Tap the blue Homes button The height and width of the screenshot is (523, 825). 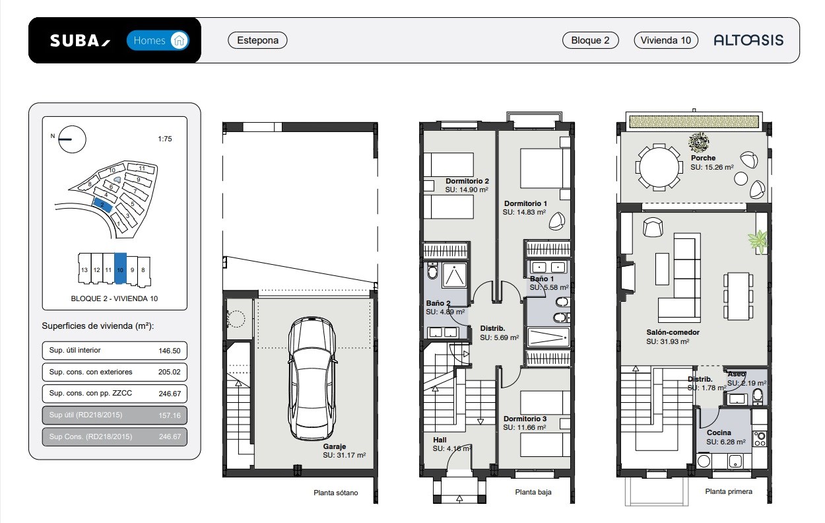click(x=158, y=40)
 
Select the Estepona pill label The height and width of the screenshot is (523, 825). click(x=257, y=40)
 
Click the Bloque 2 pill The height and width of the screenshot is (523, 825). click(x=590, y=40)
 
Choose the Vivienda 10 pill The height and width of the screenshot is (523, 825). click(x=665, y=40)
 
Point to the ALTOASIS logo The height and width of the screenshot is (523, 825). click(x=748, y=40)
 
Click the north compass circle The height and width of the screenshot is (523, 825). click(x=72, y=139)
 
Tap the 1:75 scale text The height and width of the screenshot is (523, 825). click(x=164, y=139)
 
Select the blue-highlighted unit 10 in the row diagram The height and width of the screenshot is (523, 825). click(x=120, y=268)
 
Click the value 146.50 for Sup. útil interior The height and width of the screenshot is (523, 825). click(x=170, y=351)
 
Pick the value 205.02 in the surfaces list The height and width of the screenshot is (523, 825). click(x=170, y=372)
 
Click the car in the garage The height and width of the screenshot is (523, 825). click(x=312, y=378)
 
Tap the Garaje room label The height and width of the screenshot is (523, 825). click(x=335, y=446)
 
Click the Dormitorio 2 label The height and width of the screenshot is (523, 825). click(x=467, y=181)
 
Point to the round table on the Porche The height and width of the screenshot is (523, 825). click(x=659, y=167)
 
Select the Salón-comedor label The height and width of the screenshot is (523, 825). click(x=673, y=332)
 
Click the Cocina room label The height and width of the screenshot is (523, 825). click(x=719, y=433)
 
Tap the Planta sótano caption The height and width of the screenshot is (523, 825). click(x=335, y=493)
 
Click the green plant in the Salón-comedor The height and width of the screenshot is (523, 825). click(x=758, y=241)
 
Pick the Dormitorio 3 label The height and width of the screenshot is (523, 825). click(x=525, y=419)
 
